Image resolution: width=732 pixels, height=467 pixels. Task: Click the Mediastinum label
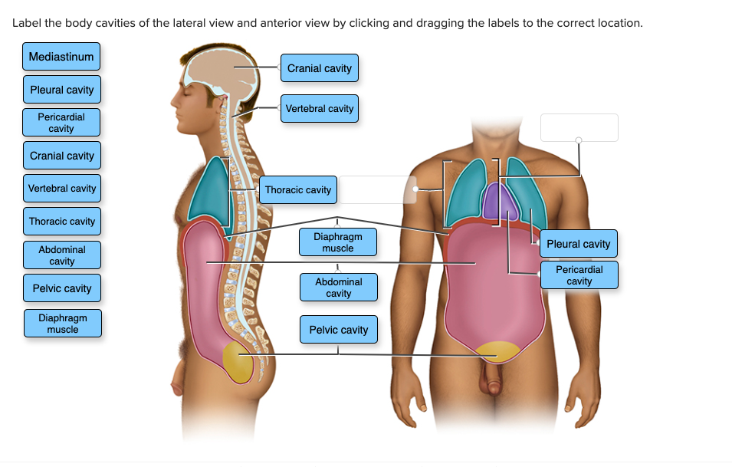(x=61, y=57)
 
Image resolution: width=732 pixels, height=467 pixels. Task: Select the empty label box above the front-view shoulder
(x=579, y=127)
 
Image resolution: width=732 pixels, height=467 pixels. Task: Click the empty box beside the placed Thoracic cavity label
(x=377, y=189)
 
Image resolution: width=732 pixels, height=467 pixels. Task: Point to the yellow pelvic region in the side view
(x=238, y=362)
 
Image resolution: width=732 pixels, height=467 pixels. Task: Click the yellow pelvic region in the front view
(x=497, y=352)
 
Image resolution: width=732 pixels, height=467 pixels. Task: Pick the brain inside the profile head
(x=222, y=73)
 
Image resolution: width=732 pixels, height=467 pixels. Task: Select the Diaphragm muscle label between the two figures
(x=338, y=242)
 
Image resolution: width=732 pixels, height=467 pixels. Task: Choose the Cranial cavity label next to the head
(x=320, y=68)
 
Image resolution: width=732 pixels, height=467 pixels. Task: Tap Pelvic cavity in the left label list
(x=62, y=288)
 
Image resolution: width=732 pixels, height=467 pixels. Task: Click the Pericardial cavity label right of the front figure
(x=579, y=275)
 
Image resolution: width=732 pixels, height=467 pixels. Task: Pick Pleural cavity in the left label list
(x=62, y=90)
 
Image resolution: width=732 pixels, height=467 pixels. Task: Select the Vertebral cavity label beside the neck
(x=320, y=109)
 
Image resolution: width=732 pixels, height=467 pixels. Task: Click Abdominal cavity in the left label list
(x=62, y=255)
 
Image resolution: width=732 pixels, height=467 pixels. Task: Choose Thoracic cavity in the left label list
(x=62, y=222)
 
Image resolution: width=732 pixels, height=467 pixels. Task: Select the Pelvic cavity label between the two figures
(x=338, y=330)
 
